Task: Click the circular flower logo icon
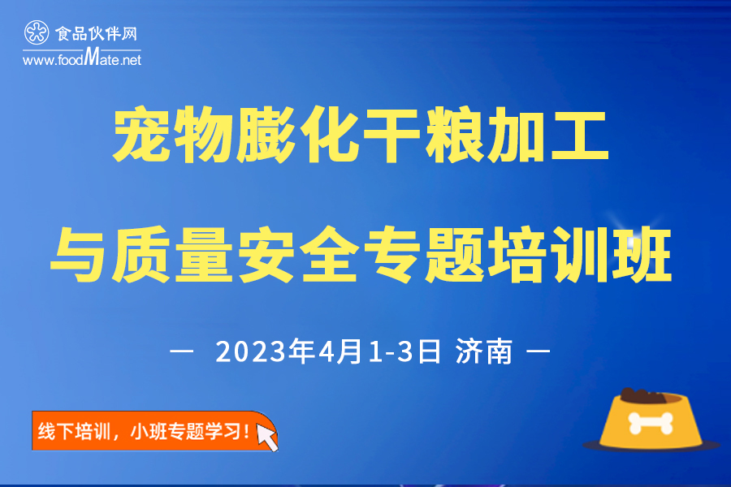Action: (x=37, y=32)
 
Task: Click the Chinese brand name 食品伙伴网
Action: (x=97, y=33)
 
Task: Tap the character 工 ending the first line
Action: (x=579, y=136)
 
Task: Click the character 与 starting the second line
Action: (x=79, y=254)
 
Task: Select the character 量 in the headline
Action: (x=204, y=254)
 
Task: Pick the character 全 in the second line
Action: (x=329, y=254)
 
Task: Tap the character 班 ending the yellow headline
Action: (x=642, y=254)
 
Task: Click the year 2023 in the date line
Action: (x=251, y=351)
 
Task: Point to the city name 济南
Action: (x=484, y=351)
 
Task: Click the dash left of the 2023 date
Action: (x=182, y=351)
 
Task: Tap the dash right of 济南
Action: (x=538, y=351)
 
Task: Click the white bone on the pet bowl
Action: (x=651, y=423)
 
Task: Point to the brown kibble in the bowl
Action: (x=643, y=395)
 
